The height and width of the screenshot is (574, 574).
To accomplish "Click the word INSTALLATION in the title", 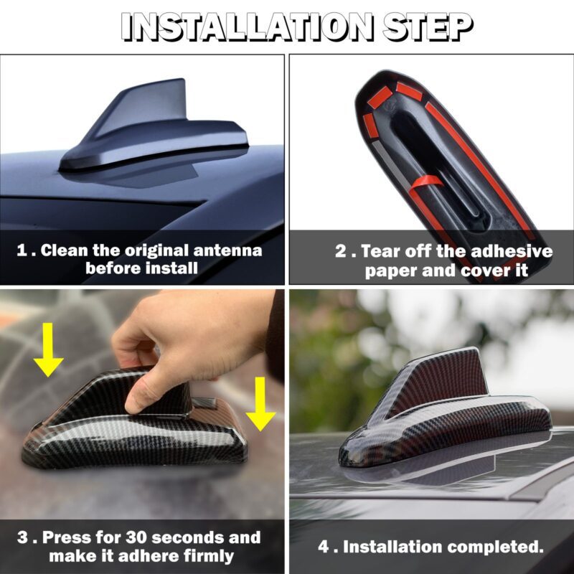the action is pos(248,27).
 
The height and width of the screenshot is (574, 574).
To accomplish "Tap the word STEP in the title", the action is pos(428,27).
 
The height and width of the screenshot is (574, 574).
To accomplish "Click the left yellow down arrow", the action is pos(48,349).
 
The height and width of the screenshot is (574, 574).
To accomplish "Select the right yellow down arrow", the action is pos(260,404).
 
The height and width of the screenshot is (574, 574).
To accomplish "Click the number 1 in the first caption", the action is pos(22,250).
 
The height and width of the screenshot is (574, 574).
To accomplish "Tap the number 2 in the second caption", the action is pos(340,251).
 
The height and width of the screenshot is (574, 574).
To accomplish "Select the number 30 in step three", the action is pos(136,537).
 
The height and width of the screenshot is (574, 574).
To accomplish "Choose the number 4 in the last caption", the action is pos(324,547).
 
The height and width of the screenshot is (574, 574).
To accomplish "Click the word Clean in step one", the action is pos(65,250).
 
